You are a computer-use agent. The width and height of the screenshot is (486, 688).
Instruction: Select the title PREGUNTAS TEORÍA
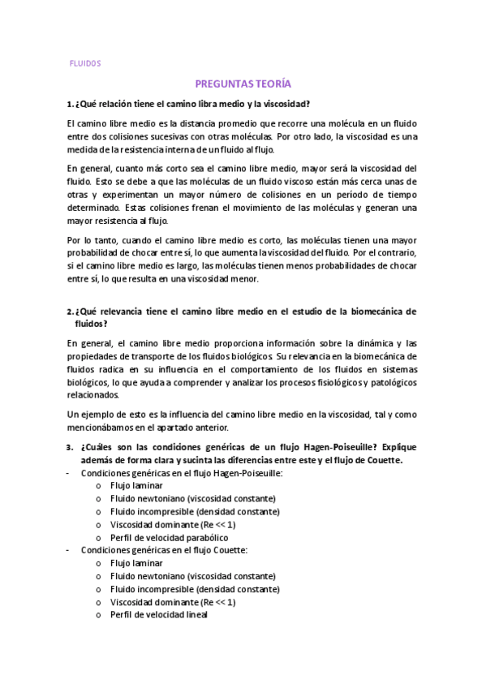pyautogui.click(x=243, y=84)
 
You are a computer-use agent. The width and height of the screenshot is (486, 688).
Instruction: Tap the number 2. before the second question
pyautogui.click(x=69, y=311)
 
